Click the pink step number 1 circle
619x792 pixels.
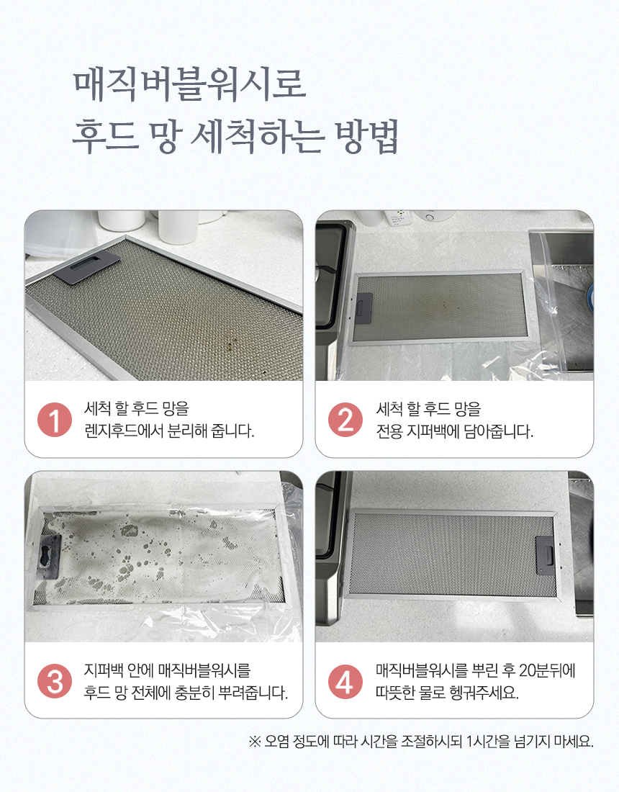pyautogui.click(x=55, y=420)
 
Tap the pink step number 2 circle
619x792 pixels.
pyautogui.click(x=345, y=420)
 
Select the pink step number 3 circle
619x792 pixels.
pyautogui.click(x=55, y=681)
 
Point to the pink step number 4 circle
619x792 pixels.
pyautogui.click(x=345, y=681)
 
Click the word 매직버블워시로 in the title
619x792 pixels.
pyautogui.click(x=190, y=84)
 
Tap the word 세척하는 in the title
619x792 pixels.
pyautogui.click(x=257, y=136)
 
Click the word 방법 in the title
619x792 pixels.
pyautogui.click(x=367, y=136)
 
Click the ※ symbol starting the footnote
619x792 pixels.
pyautogui.click(x=255, y=742)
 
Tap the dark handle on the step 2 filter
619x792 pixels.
pyautogui.click(x=364, y=305)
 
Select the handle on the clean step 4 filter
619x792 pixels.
pyautogui.click(x=543, y=556)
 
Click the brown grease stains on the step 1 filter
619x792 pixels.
pyautogui.click(x=230, y=344)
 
